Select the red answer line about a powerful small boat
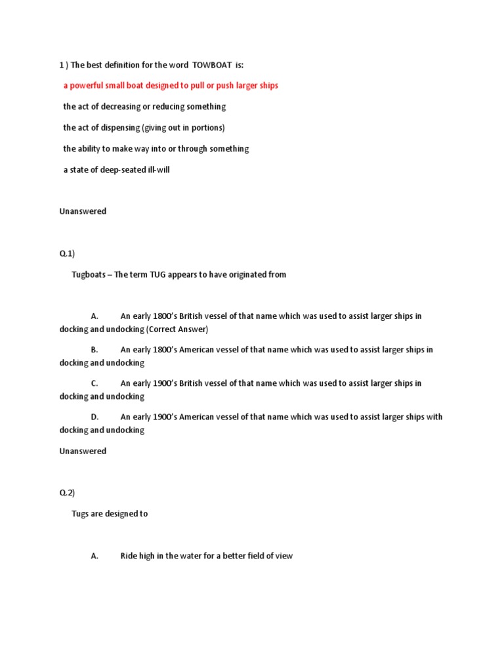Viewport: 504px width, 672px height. click(171, 86)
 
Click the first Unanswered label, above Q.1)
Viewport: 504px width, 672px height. click(83, 211)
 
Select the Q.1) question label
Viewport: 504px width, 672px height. click(67, 253)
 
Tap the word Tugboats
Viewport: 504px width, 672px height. click(90, 275)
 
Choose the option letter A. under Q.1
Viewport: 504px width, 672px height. click(94, 316)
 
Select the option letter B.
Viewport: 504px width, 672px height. click(94, 350)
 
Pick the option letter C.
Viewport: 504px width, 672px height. click(94, 383)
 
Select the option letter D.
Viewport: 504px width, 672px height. click(94, 417)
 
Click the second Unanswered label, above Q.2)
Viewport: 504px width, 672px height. click(83, 451)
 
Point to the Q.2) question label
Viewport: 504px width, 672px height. click(67, 493)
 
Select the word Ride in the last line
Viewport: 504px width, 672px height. click(129, 556)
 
